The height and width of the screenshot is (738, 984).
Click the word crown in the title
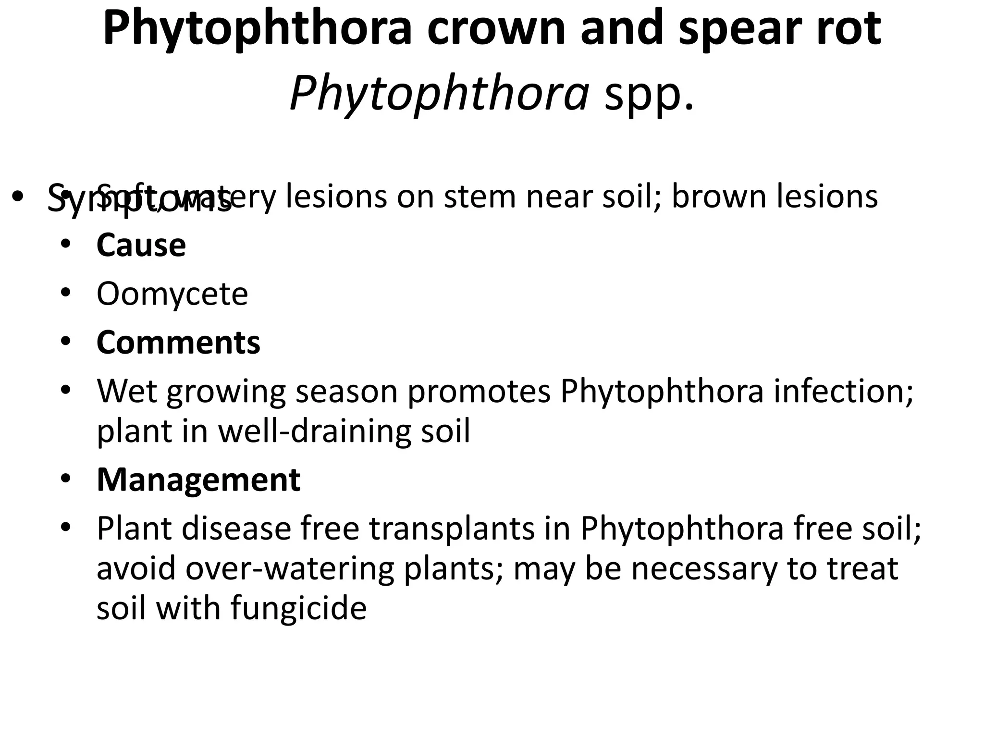(x=496, y=29)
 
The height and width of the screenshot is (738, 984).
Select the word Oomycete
(x=172, y=294)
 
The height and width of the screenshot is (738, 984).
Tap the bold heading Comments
(x=178, y=343)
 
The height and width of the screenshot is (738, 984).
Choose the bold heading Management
(x=198, y=480)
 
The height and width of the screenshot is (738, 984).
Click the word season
(x=346, y=392)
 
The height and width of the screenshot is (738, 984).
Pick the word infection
(x=843, y=392)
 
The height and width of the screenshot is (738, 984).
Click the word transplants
(x=452, y=529)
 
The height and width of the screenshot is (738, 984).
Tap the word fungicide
(x=298, y=608)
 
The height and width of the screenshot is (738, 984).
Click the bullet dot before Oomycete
(x=66, y=292)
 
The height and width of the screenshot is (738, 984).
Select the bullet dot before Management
(x=66, y=478)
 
